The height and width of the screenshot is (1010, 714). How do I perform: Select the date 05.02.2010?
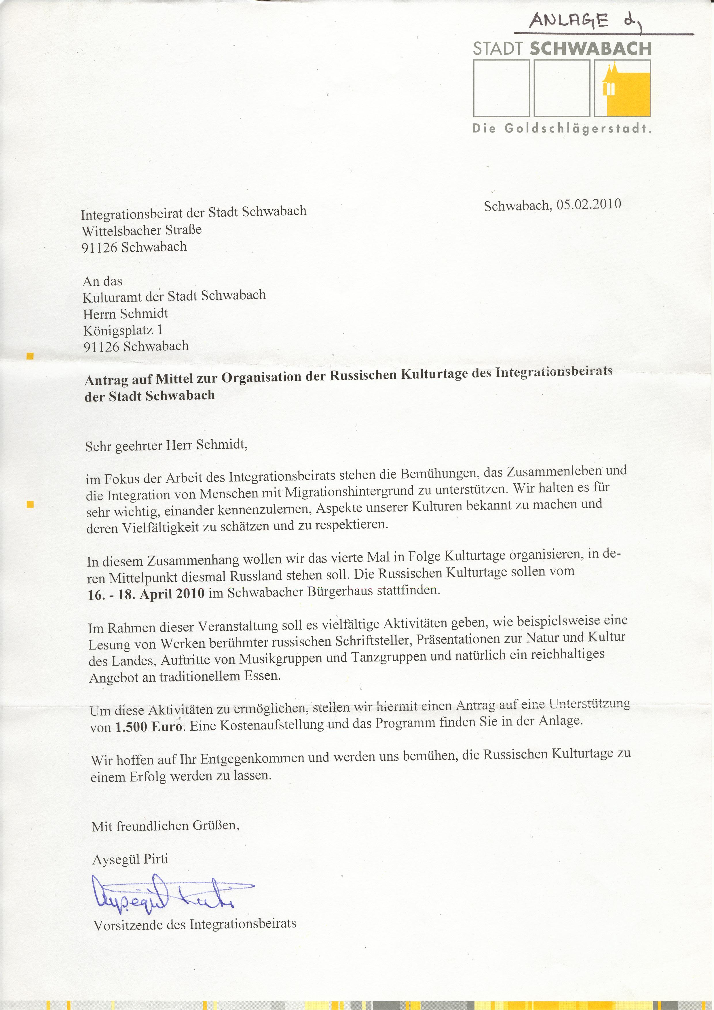click(x=589, y=204)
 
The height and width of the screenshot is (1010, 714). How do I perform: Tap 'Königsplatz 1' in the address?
click(x=123, y=330)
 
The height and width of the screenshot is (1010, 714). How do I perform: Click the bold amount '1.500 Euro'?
click(x=149, y=726)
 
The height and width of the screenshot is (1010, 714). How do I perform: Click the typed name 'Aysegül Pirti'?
click(x=130, y=859)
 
